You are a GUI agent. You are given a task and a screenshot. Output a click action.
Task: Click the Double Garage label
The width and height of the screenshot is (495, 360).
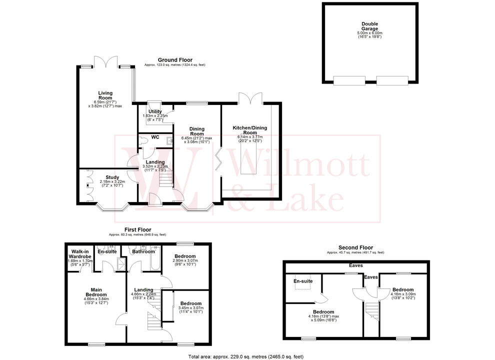click(x=370, y=26)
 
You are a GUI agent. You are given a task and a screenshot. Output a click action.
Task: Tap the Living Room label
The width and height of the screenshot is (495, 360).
click(x=105, y=95)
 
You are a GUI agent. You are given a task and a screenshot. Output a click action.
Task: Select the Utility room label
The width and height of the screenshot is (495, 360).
click(x=155, y=111)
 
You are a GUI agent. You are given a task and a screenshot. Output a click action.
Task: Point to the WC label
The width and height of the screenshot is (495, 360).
click(x=154, y=136)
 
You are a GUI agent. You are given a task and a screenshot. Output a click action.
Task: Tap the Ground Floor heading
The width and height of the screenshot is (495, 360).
click(x=175, y=60)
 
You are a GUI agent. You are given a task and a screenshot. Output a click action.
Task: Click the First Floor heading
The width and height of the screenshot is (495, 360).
click(x=137, y=230)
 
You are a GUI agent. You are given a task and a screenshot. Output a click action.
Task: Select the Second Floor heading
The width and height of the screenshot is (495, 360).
click(x=356, y=248)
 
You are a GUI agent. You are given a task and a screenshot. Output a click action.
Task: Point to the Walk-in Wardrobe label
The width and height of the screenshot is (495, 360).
click(x=80, y=254)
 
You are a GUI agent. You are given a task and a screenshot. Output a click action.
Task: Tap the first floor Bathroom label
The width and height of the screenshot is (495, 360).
click(x=143, y=251)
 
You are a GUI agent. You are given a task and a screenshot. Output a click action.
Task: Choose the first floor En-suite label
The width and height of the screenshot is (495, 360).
click(x=107, y=251)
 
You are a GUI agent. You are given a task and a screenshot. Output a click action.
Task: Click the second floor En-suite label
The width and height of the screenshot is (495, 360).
click(x=303, y=281)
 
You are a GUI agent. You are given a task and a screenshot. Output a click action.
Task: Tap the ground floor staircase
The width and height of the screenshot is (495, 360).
click(x=164, y=178)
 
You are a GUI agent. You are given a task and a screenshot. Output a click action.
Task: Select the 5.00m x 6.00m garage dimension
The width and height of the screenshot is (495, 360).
click(x=370, y=33)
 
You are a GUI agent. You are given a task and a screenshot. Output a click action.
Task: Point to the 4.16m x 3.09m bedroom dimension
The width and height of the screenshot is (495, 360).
click(x=403, y=295)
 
